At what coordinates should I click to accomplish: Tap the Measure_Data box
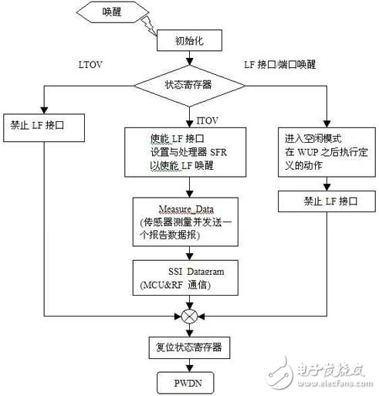pos(188,221)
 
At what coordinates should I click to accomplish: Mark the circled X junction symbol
pos(188,316)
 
